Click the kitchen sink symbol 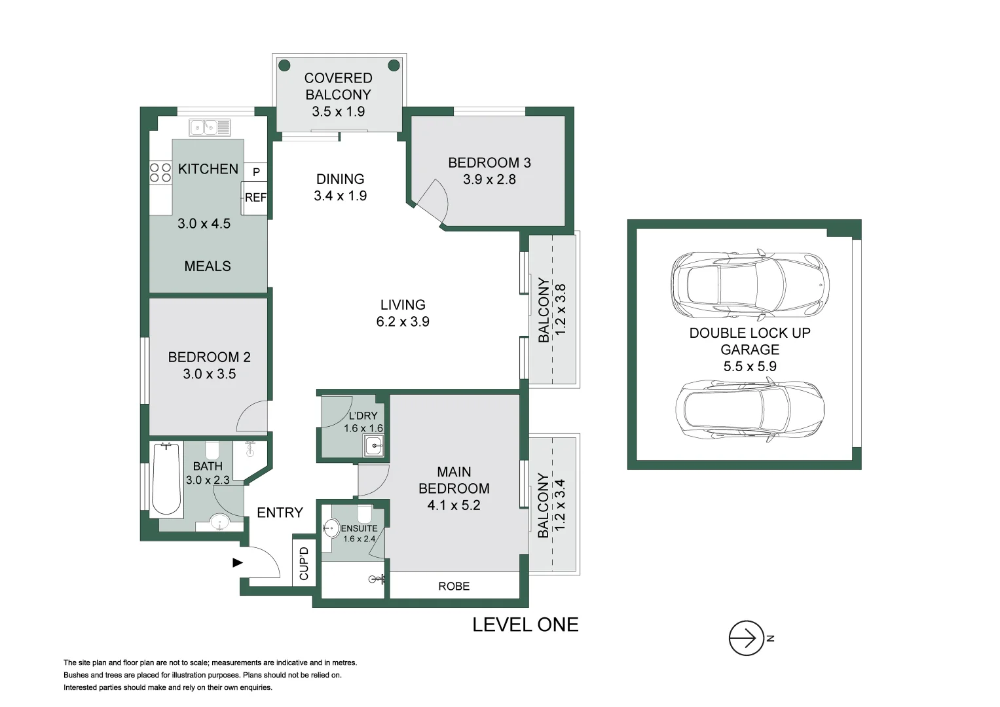pos(210,127)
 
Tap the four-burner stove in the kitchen pos(160,173)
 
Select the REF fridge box pos(255,198)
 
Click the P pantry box pos(256,172)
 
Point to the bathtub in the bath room pos(166,480)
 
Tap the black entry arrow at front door pos(238,562)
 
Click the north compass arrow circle pos(746,638)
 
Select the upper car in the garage pos(750,283)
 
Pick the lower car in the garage pos(750,410)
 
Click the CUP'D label pos(304,563)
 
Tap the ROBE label pos(454,586)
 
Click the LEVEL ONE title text pos(525,625)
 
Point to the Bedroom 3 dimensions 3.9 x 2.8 pos(489,179)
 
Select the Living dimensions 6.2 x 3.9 pos(403,321)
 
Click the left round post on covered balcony pos(284,65)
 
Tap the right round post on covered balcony pos(394,65)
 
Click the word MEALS pos(208,266)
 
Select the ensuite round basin pos(332,528)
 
